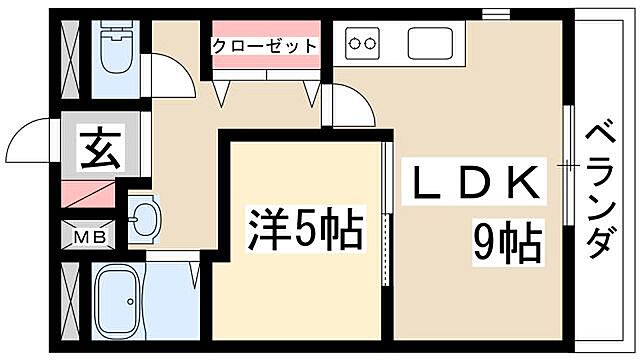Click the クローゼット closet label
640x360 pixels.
pos(264,46)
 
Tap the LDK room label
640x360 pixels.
pos(478,183)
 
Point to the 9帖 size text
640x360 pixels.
pos(507,240)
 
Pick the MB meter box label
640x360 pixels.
pos(89,238)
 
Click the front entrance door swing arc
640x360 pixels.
pos(35,139)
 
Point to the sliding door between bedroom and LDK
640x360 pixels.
pos(387,214)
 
